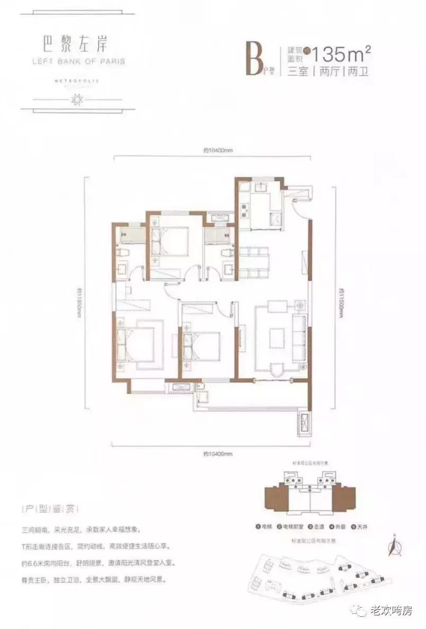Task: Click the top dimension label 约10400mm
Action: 218,150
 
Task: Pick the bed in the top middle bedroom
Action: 171,241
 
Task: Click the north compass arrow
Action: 393,546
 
